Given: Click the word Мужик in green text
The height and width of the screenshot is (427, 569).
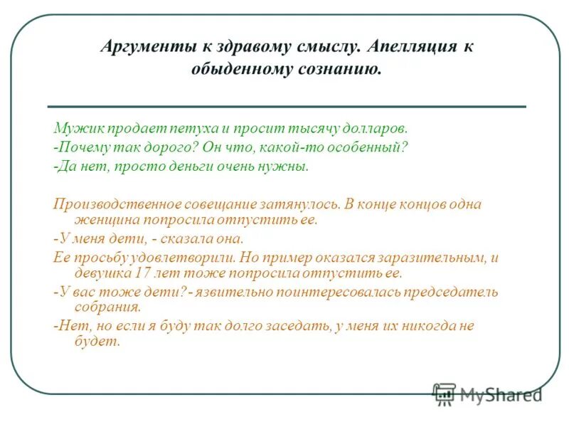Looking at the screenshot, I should click(73, 129).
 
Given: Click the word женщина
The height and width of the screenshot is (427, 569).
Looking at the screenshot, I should click(99, 220).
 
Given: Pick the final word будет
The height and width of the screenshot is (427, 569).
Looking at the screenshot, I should click(97, 342).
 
